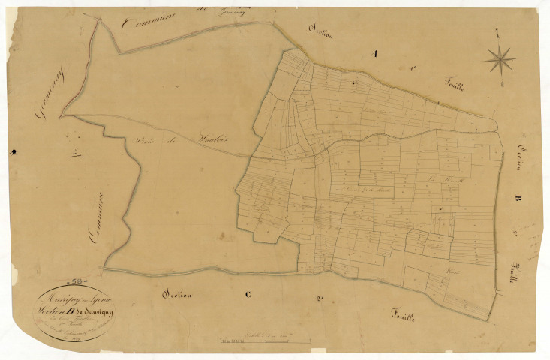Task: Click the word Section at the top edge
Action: point(324,28)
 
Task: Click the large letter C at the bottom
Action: point(249,295)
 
